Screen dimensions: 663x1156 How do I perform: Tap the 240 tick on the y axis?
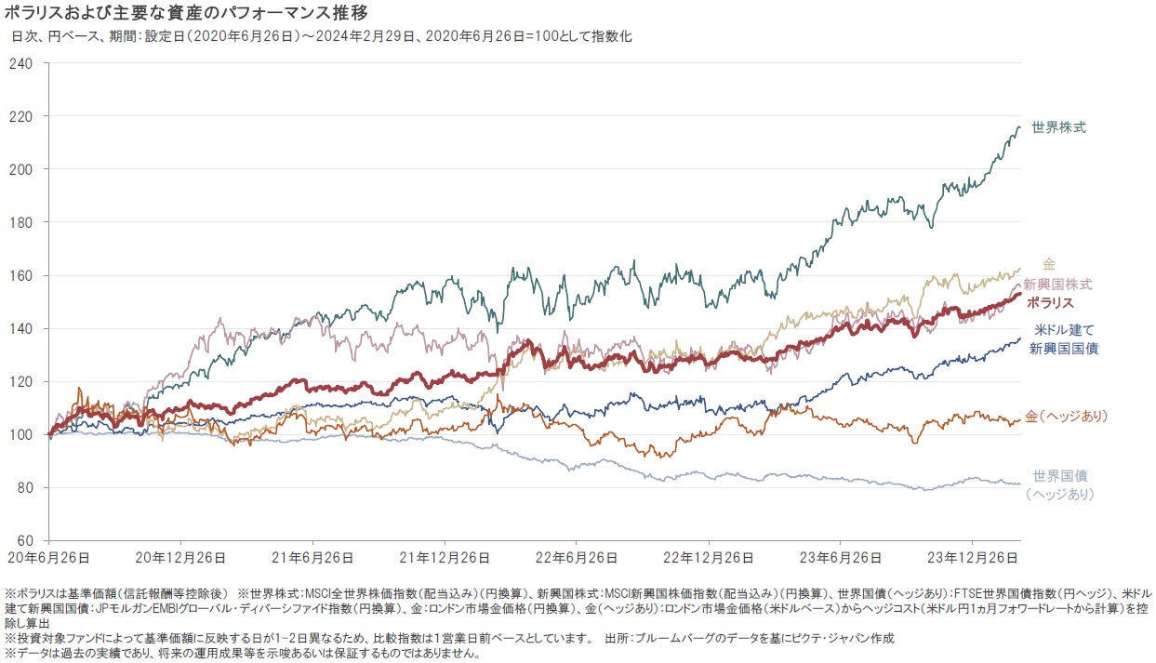pyautogui.click(x=20, y=63)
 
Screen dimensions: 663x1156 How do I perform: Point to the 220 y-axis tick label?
pyautogui.click(x=20, y=116)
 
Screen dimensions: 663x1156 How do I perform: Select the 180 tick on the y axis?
pyautogui.click(x=20, y=222)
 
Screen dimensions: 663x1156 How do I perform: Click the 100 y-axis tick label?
pyautogui.click(x=20, y=434)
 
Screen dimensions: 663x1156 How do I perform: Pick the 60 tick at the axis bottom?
pyautogui.click(x=24, y=540)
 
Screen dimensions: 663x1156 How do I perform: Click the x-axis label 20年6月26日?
pyautogui.click(x=48, y=558)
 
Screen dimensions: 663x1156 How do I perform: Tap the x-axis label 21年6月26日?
pyautogui.click(x=312, y=558)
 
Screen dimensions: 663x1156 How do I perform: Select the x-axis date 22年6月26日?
pyautogui.click(x=576, y=558)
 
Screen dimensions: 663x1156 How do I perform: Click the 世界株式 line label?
pyautogui.click(x=1058, y=127)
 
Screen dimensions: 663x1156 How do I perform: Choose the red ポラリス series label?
pyautogui.click(x=1050, y=302)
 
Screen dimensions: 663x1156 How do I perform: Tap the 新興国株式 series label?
pyautogui.click(x=1057, y=284)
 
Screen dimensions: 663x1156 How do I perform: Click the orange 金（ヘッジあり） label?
pyautogui.click(x=1067, y=416)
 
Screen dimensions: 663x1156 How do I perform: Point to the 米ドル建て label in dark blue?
pyautogui.click(x=1064, y=330)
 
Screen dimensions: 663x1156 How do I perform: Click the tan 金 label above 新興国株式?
pyautogui.click(x=1049, y=265)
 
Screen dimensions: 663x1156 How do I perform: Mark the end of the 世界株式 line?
pyautogui.click(x=1019, y=127)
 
